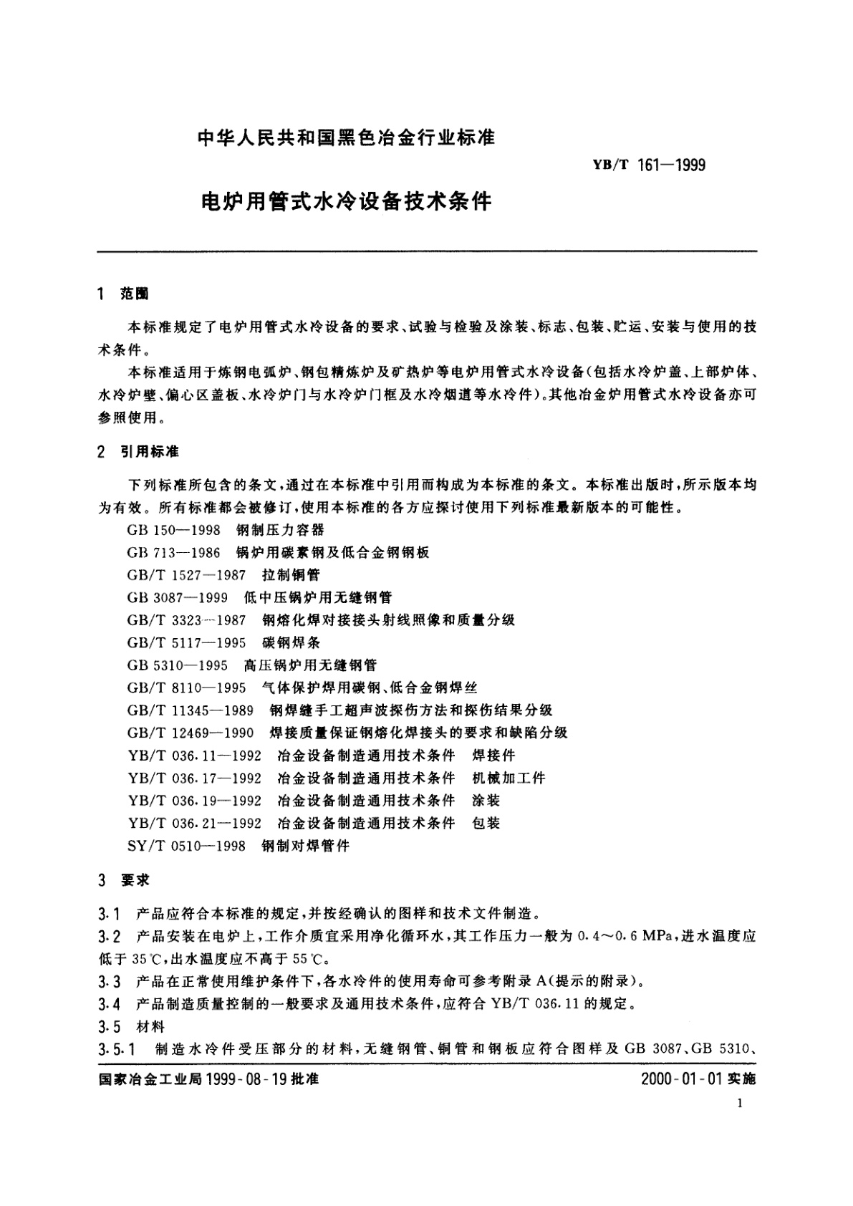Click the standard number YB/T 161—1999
click(x=648, y=165)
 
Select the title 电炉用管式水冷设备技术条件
click(x=347, y=202)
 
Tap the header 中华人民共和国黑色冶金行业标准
click(x=346, y=136)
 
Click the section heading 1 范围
click(x=124, y=294)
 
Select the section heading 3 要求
click(x=124, y=880)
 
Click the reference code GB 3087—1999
click(x=177, y=597)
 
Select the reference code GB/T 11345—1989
click(x=191, y=710)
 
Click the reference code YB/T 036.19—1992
click(x=195, y=801)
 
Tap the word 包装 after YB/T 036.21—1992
click(x=486, y=823)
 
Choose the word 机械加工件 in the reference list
click(x=509, y=778)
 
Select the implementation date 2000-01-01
click(x=680, y=1079)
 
